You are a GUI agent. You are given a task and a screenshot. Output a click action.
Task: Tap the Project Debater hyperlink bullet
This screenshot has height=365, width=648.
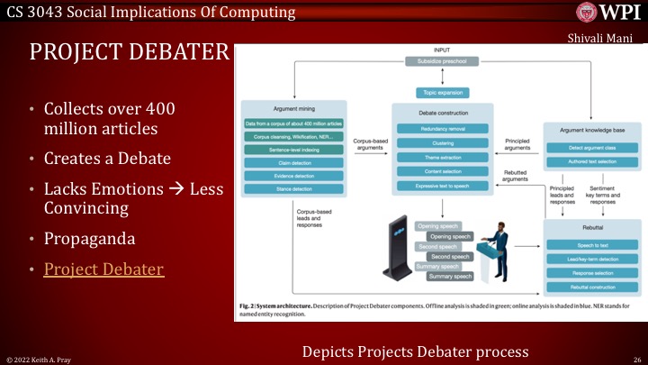(x=103, y=268)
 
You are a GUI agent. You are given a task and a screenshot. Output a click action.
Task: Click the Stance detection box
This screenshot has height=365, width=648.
(x=292, y=188)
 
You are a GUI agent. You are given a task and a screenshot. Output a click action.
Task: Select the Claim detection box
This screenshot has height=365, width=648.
(x=292, y=162)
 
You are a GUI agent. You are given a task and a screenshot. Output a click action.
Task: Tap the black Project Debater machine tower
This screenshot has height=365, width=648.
(x=396, y=249)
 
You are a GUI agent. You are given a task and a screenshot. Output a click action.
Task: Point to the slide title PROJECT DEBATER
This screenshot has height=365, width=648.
(x=129, y=52)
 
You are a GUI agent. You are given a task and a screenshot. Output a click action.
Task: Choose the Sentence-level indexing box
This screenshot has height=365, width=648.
(x=292, y=149)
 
